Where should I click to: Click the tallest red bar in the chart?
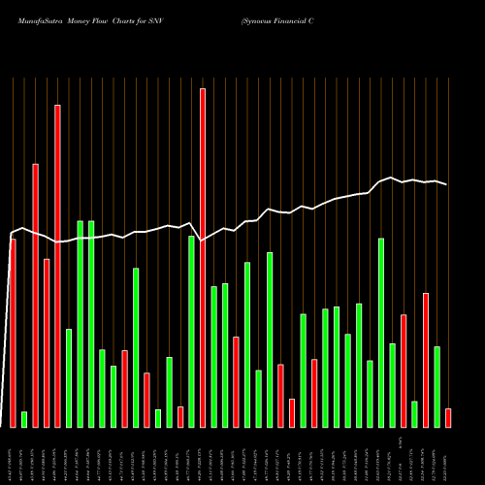(203, 258)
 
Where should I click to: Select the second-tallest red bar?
(57, 266)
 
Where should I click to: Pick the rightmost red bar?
(448, 417)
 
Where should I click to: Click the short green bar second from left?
(24, 419)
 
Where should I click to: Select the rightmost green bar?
(436, 386)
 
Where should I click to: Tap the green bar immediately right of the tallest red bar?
(213, 356)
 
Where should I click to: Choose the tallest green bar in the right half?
(381, 333)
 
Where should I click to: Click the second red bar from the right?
(426, 360)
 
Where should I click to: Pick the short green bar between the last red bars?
(414, 414)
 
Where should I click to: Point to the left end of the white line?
(11, 234)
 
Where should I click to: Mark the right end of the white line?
(447, 184)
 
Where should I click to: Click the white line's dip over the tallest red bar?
(203, 240)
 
